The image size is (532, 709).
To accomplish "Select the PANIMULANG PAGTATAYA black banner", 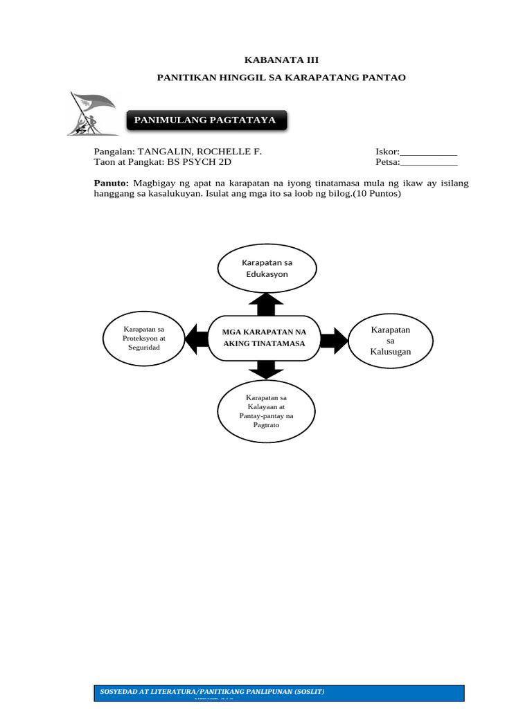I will (205, 120).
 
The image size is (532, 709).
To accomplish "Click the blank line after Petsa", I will (429, 163).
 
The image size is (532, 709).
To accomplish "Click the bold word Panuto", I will (111, 183).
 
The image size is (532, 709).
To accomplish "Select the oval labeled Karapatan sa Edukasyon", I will (267, 269).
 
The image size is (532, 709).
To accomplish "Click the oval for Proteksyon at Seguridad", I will (143, 339).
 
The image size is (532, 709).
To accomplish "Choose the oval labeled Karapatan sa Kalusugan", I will (390, 341).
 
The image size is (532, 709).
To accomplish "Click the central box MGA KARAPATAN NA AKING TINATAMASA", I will (264, 338).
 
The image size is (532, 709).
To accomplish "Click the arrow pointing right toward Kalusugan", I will (334, 339).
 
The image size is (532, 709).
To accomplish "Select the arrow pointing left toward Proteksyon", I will (196, 338).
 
